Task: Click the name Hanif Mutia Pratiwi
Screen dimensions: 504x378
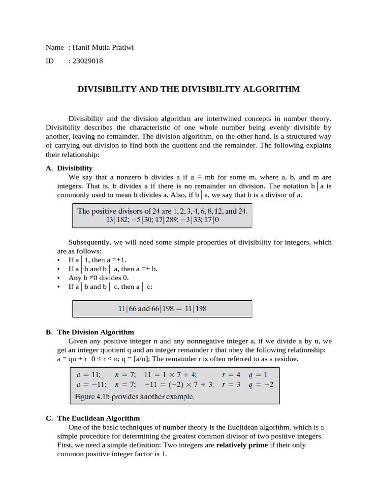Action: pos(103,47)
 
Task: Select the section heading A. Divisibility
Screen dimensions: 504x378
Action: pos(69,168)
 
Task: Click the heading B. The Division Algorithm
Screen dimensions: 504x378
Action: pos(90,332)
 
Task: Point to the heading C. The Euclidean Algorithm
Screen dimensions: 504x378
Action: pos(93,418)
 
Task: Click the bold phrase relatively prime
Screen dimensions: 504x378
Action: pos(242,445)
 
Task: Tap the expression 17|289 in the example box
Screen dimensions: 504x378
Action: pos(166,221)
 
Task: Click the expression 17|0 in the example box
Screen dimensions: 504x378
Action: pos(212,221)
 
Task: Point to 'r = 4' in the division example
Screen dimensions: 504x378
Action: pos(231,374)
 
